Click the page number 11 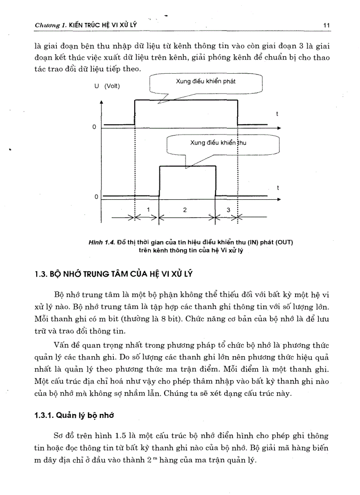pyautogui.click(x=326, y=25)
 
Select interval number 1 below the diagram pyautogui.click(x=148, y=210)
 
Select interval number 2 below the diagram pyautogui.click(x=185, y=210)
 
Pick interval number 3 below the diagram pyautogui.click(x=228, y=210)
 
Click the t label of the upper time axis pyautogui.click(x=277, y=114)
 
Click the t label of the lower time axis pyautogui.click(x=277, y=187)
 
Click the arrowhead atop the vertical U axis pyautogui.click(x=102, y=101)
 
